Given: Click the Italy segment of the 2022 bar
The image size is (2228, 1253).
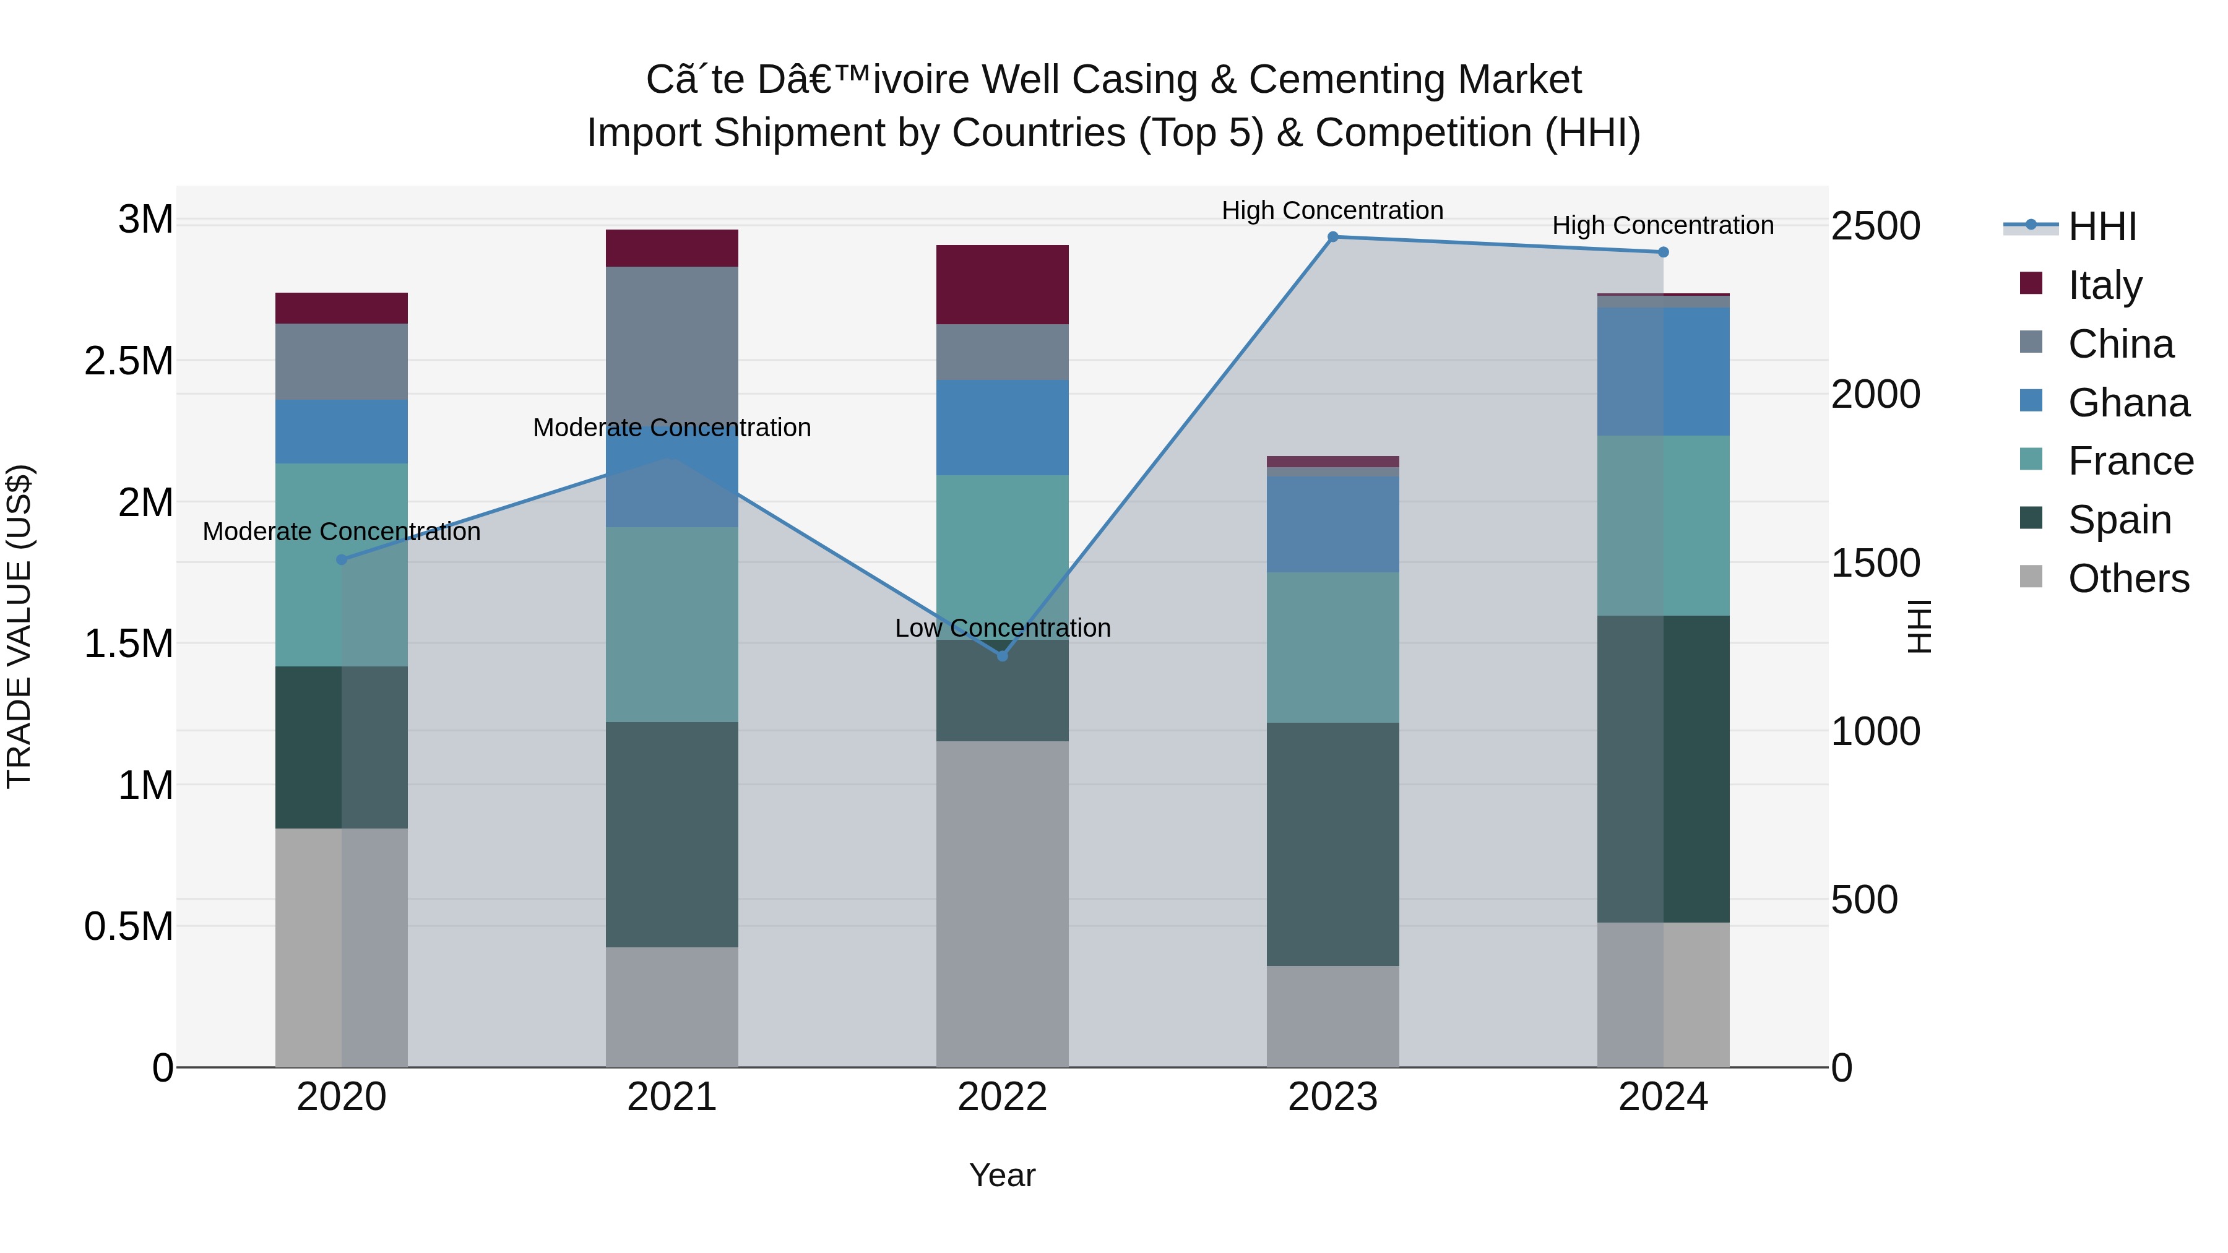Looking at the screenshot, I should (1003, 285).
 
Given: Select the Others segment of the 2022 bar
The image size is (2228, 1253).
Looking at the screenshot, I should (1003, 903).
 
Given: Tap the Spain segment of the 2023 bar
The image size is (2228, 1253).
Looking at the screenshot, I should (1333, 844).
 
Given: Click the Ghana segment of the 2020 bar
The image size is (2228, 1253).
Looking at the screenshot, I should (342, 431).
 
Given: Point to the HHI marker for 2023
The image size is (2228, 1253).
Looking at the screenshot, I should (1333, 237).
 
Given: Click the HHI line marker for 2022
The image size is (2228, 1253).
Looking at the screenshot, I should (1003, 657).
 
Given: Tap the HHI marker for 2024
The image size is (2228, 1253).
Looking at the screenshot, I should (1663, 252).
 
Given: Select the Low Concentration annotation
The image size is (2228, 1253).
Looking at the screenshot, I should (1003, 629).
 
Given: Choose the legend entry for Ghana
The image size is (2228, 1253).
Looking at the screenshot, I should (2128, 403).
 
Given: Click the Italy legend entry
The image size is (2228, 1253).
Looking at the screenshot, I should (2104, 285).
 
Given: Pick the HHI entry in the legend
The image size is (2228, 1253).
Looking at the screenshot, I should (2102, 226).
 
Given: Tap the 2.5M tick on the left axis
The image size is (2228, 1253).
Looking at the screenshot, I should (129, 361).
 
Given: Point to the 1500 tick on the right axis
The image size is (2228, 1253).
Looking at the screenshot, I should (1875, 564).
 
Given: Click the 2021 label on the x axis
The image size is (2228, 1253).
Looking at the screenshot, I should (672, 1097).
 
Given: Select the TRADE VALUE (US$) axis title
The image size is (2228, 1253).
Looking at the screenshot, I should (19, 626).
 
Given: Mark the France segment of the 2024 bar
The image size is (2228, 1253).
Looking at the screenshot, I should (1663, 526).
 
